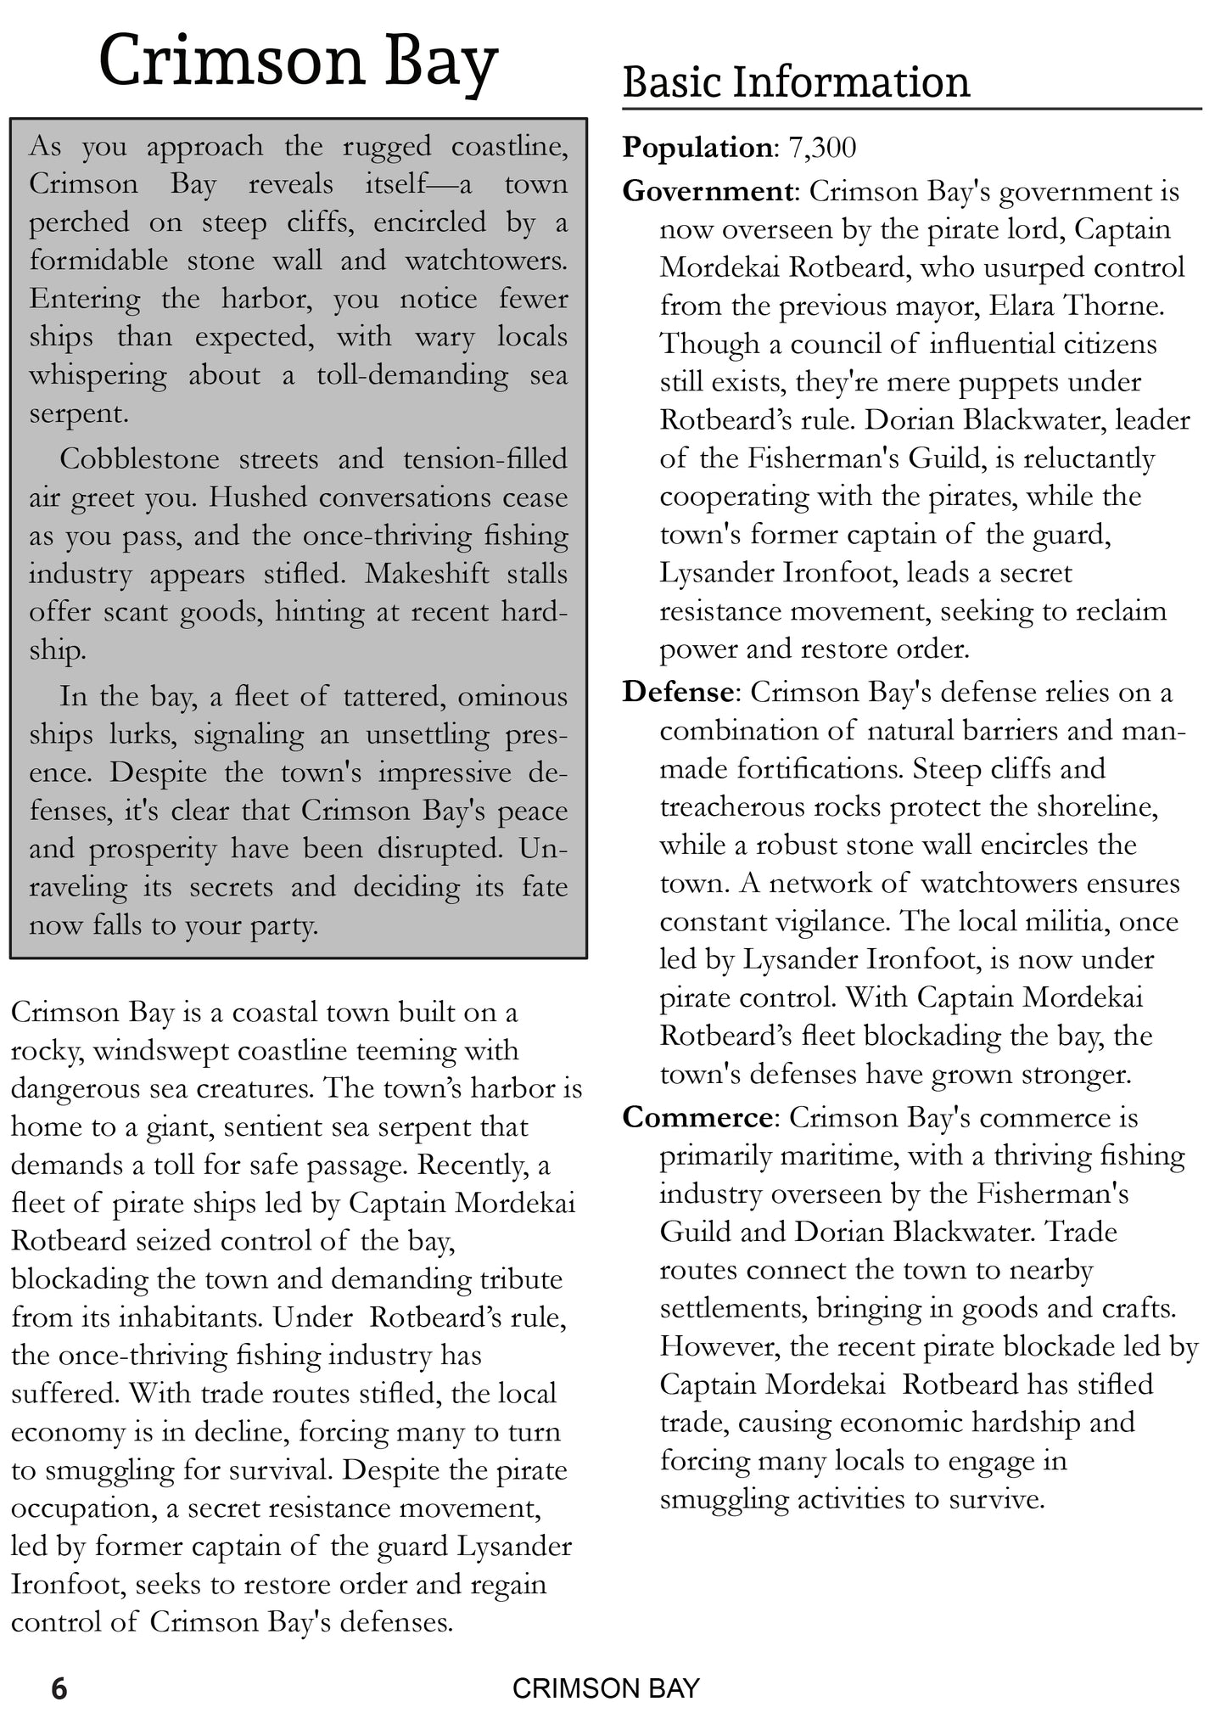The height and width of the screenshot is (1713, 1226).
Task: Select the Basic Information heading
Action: (796, 83)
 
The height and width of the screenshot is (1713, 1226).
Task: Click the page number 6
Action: (59, 1688)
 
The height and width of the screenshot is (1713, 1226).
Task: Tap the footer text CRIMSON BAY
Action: (606, 1688)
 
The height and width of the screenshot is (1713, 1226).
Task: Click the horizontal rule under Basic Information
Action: (912, 109)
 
